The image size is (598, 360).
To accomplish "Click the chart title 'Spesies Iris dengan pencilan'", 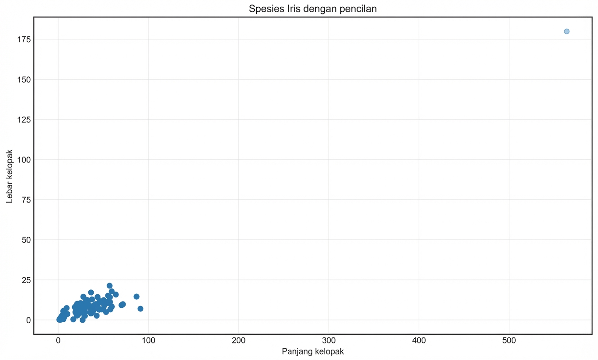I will (313, 9).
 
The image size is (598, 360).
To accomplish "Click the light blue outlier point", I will (566, 31).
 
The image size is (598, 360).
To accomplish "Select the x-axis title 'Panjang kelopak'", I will (313, 351).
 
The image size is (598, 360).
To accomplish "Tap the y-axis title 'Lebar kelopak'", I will (9, 176).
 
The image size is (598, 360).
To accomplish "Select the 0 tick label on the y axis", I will (27, 320).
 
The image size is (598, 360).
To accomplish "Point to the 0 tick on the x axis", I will (58, 341).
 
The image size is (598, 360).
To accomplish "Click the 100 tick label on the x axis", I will (148, 341).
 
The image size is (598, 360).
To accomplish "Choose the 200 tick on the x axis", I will (239, 341).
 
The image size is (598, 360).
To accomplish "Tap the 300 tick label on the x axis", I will (329, 341).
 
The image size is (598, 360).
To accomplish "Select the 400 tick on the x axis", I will (419, 341).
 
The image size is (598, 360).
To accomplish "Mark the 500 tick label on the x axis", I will (509, 341).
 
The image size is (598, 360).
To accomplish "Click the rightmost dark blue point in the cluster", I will (140, 309).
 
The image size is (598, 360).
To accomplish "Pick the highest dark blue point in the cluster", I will (109, 286).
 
